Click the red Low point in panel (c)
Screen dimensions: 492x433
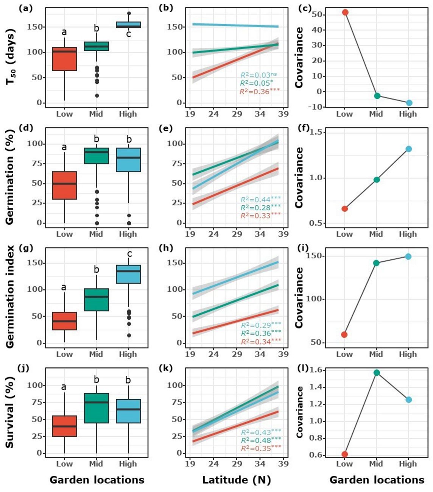click(x=344, y=12)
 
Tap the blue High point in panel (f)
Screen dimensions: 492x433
click(x=408, y=149)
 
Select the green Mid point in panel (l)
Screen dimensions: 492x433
click(x=376, y=373)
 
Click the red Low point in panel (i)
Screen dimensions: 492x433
click(x=344, y=335)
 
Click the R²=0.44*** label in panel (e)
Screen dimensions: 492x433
click(x=260, y=199)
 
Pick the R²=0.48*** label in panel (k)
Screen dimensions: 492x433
click(x=260, y=440)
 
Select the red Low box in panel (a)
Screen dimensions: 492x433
click(x=64, y=59)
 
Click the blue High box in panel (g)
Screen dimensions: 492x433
click(x=128, y=274)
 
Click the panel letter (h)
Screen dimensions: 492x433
click(x=166, y=248)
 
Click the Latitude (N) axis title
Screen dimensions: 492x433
click(x=237, y=480)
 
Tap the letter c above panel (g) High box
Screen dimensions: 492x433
click(x=129, y=254)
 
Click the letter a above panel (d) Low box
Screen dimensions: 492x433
click(x=64, y=147)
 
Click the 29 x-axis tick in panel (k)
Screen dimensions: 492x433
click(x=237, y=464)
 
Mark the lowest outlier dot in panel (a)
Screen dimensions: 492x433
click(x=97, y=96)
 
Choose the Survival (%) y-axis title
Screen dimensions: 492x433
click(x=11, y=412)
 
